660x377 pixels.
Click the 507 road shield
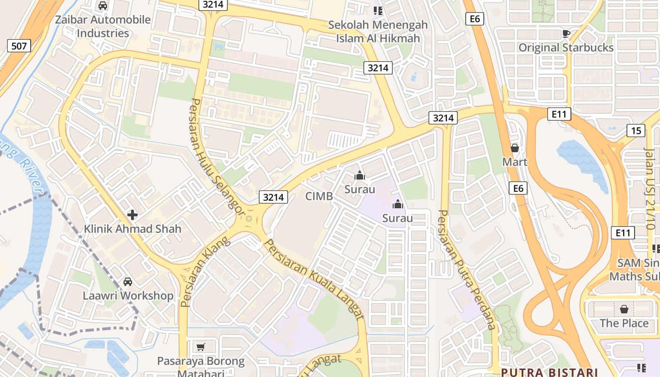pos(19,46)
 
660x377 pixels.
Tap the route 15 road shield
pos(636,130)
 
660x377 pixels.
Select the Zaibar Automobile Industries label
pos(103,26)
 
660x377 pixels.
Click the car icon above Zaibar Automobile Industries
pos(103,6)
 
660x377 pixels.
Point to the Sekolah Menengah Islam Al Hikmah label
pos(378,32)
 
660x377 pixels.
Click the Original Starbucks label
pos(566,48)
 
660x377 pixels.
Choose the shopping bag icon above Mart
pos(515,148)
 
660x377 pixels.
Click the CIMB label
pos(319,196)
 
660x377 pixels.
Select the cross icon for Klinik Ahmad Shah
pos(132,215)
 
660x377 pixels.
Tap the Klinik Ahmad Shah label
pos(132,229)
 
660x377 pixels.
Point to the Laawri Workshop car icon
pos(128,282)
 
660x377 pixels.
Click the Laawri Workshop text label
pos(128,296)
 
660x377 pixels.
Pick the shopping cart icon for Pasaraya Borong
pos(201,347)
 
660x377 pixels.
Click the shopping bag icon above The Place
pos(624,309)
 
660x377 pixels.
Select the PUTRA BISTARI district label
pos(549,372)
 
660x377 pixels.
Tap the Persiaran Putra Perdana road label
pos(467,270)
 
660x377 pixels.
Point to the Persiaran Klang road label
pos(206,271)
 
